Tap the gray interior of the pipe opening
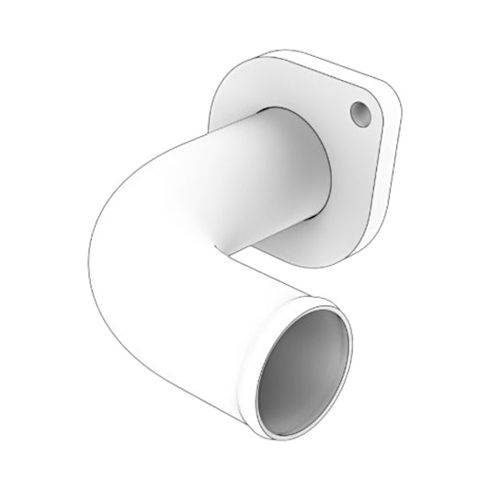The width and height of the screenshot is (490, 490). click(303, 368)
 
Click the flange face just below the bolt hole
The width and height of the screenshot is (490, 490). click(354, 152)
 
